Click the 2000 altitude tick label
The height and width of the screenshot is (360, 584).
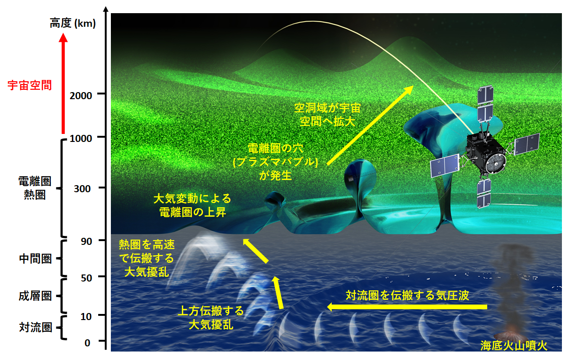pyautogui.click(x=81, y=96)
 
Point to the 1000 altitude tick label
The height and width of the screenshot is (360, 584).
pyautogui.click(x=81, y=138)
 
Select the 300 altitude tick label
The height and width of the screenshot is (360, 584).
pyautogui.click(x=82, y=188)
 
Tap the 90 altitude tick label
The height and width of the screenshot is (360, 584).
pyautogui.click(x=86, y=241)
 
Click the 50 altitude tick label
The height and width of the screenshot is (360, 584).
pyautogui.click(x=86, y=278)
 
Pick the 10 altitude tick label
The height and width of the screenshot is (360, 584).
pyautogui.click(x=86, y=316)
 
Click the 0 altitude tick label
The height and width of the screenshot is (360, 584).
pyautogui.click(x=87, y=343)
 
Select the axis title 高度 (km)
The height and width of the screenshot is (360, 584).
pyautogui.click(x=73, y=23)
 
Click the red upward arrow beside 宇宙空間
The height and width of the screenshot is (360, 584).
pyautogui.click(x=63, y=83)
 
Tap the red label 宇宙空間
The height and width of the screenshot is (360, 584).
pyautogui.click(x=30, y=86)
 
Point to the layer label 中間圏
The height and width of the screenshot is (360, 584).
pyautogui.click(x=35, y=259)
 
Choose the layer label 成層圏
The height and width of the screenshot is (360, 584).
pyautogui.click(x=35, y=296)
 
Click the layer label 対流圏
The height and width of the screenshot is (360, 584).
pyautogui.click(x=35, y=328)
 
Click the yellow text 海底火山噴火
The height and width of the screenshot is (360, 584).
pyautogui.click(x=514, y=345)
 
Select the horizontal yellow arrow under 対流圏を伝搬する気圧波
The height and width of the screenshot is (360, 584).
pyautogui.click(x=407, y=307)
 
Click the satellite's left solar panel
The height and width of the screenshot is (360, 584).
pyautogui.click(x=444, y=165)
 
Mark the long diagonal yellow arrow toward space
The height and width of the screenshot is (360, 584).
pyautogui.click(x=370, y=125)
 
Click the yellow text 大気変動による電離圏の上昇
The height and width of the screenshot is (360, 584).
pyautogui.click(x=193, y=205)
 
